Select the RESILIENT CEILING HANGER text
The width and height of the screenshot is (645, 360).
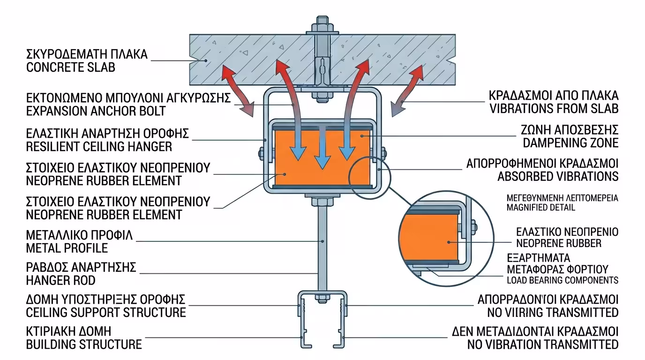click(x=99, y=147)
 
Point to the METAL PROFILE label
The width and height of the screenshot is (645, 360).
click(x=67, y=247)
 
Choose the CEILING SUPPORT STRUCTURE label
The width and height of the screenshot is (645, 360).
click(x=106, y=312)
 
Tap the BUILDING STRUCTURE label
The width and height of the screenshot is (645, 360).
click(x=84, y=345)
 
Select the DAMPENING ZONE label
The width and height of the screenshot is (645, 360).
click(x=570, y=143)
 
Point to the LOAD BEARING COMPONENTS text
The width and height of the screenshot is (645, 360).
click(x=562, y=280)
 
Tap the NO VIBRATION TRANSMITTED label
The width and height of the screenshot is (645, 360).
click(x=543, y=345)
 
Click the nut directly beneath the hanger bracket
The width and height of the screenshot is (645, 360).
click(x=322, y=203)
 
